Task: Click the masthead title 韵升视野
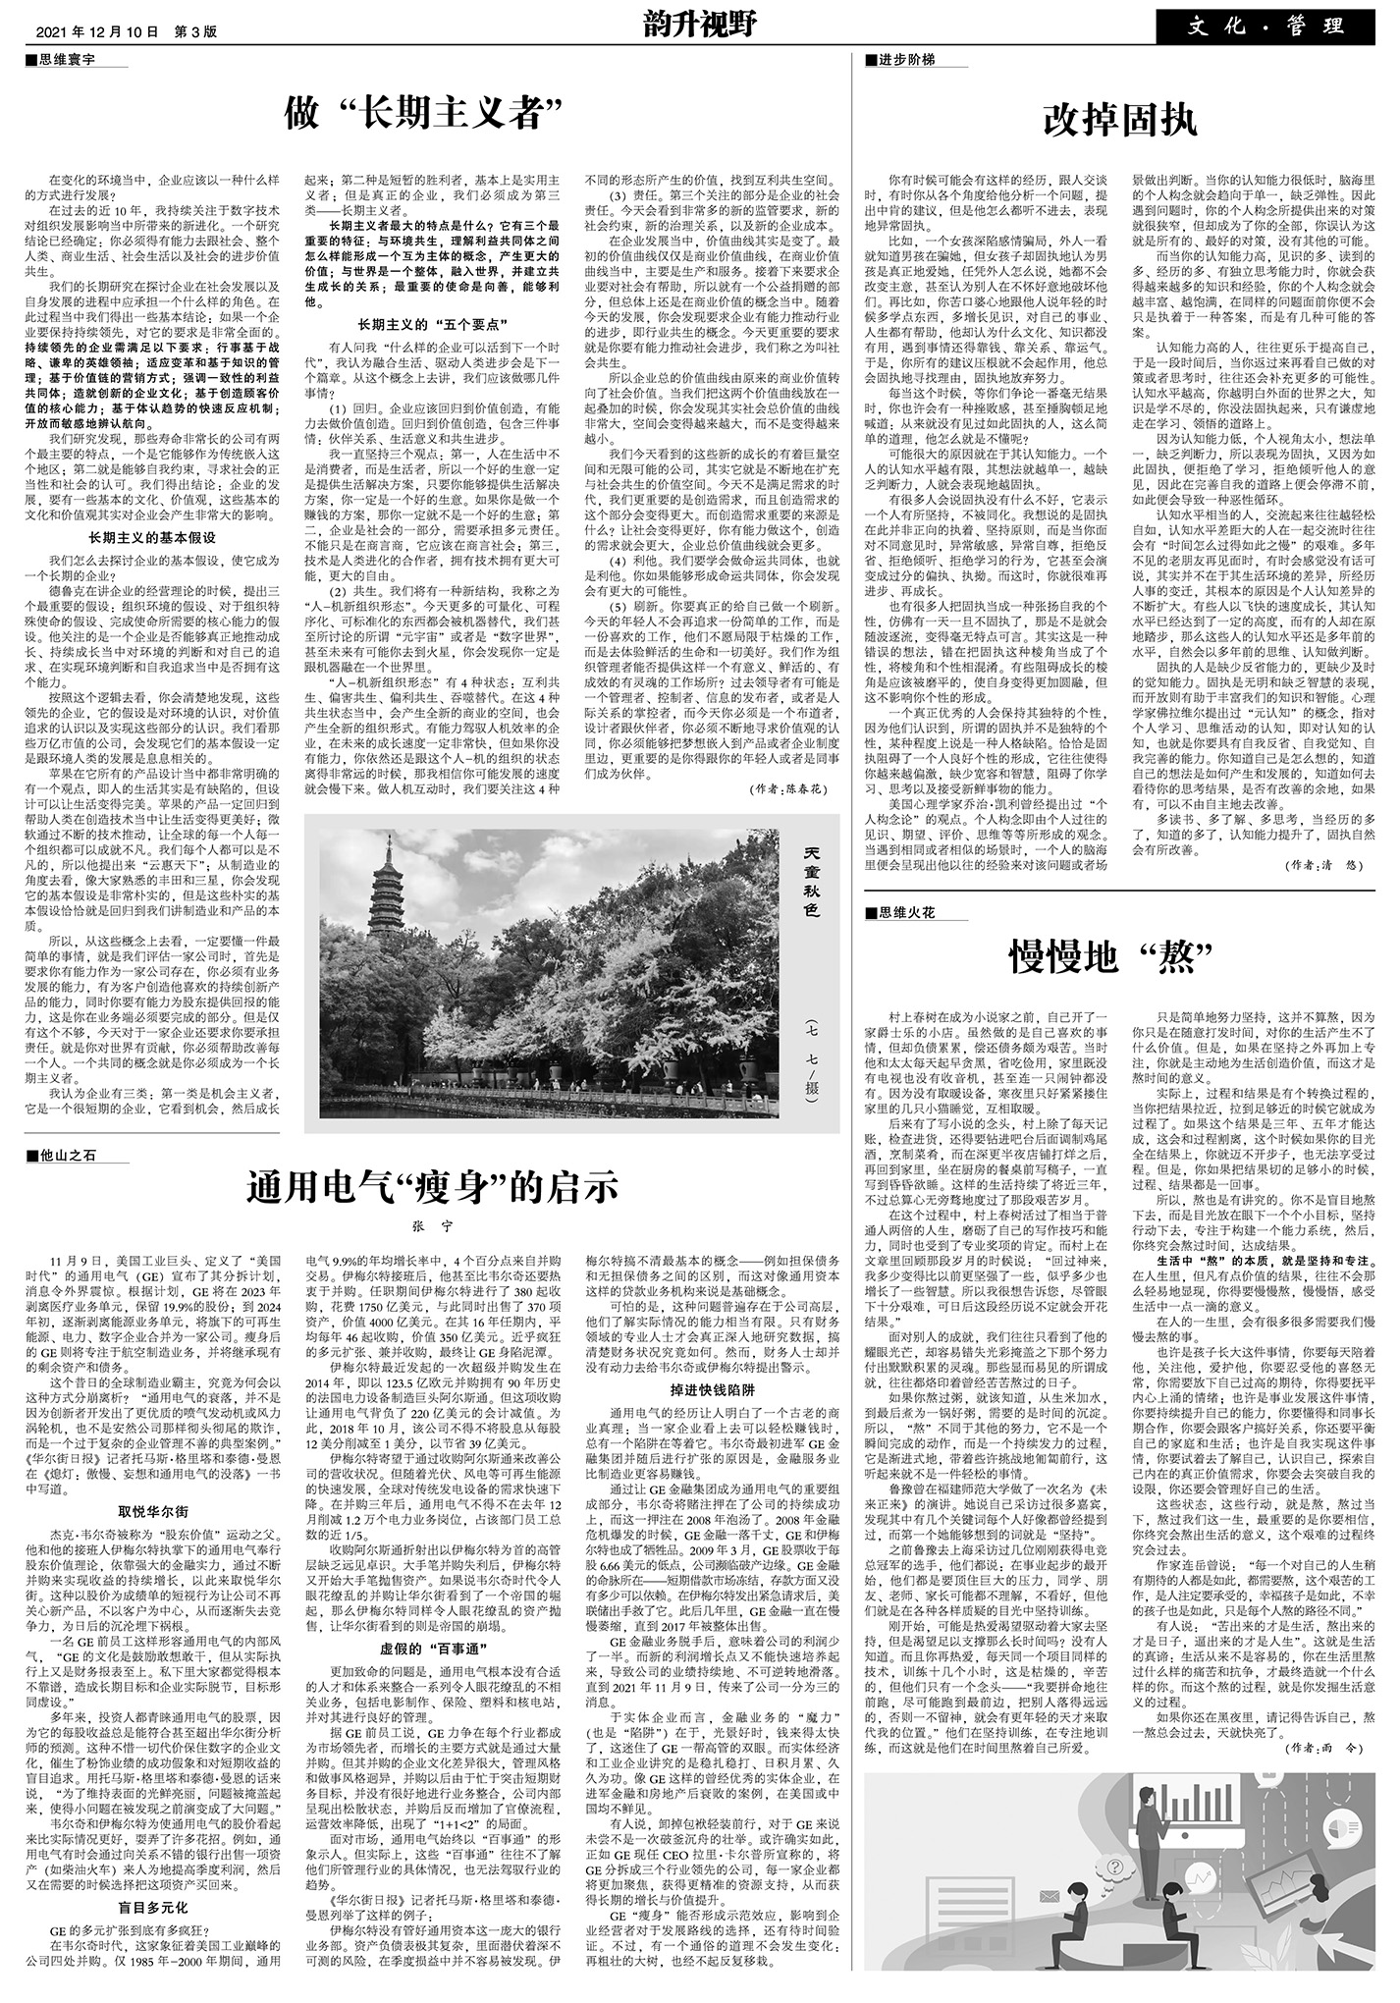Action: pyautogui.click(x=700, y=25)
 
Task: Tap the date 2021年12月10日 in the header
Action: pyautogui.click(x=97, y=31)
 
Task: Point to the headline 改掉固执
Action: pyautogui.click(x=1119, y=121)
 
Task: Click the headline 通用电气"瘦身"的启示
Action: pyautogui.click(x=432, y=1186)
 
